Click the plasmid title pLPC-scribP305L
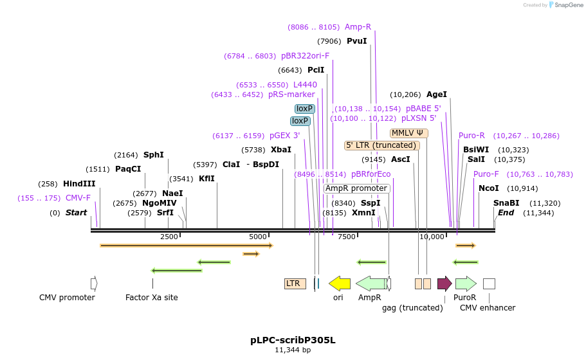coord(293,339)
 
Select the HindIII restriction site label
coord(79,184)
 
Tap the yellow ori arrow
coord(340,283)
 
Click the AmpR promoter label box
coord(356,188)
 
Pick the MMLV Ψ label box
coord(408,133)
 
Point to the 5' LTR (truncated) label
coord(382,145)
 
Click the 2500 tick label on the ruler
coord(169,237)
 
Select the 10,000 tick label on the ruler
coord(432,237)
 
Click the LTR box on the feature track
coord(295,283)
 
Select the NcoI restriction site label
coord(489,188)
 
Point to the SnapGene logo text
coord(569,5)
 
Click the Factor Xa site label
coord(152,298)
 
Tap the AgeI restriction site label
coord(437,94)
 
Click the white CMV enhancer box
coord(489,283)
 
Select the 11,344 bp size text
coord(293,350)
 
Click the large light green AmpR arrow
coord(372,283)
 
